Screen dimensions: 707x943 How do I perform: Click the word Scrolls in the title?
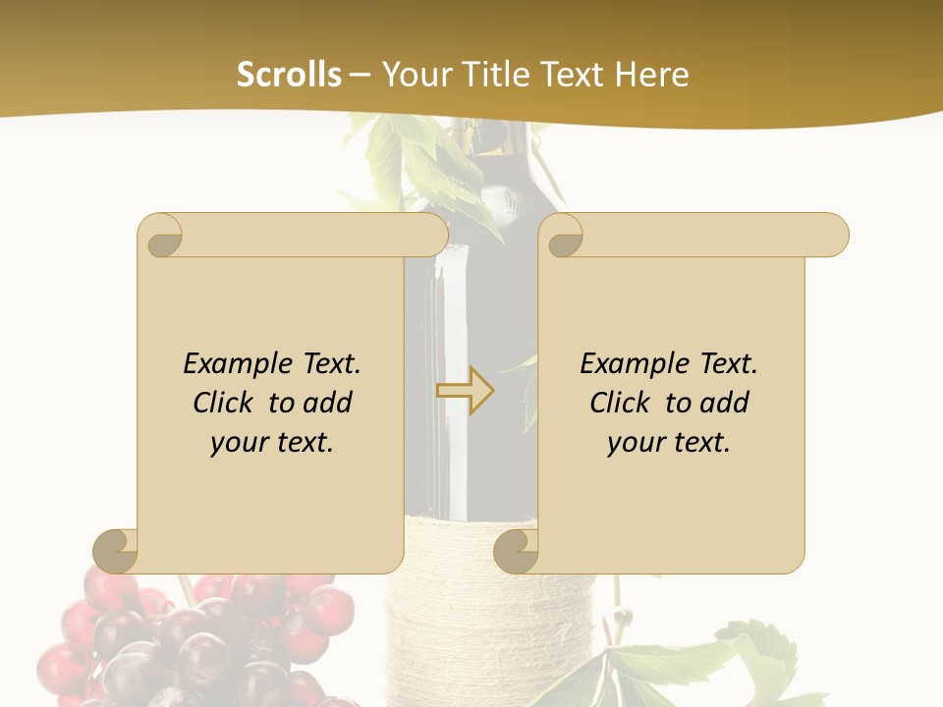[289, 75]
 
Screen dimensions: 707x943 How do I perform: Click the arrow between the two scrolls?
[466, 391]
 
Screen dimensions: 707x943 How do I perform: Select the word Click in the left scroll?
[225, 403]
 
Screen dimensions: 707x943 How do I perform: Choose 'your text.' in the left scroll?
[272, 442]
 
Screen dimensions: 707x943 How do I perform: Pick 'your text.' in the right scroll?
[669, 442]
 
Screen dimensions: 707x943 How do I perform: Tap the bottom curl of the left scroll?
[115, 551]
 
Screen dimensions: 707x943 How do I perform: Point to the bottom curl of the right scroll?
[516, 551]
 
